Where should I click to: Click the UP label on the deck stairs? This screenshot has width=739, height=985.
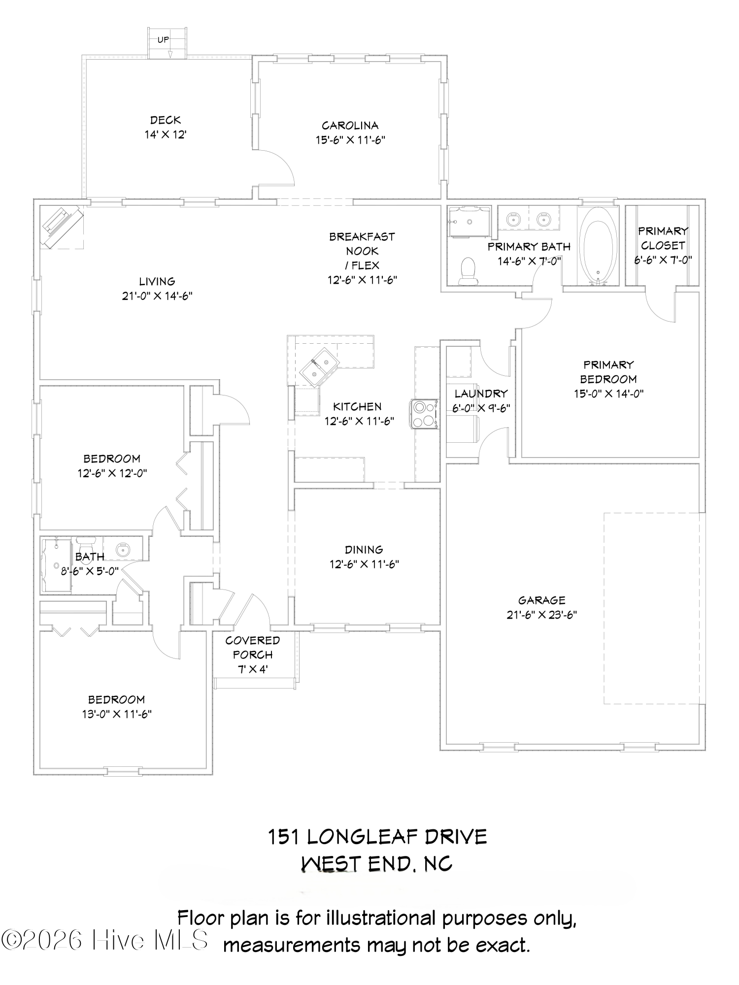(163, 40)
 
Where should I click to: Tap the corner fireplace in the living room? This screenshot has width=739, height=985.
(61, 226)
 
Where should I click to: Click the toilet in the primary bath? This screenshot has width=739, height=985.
(467, 271)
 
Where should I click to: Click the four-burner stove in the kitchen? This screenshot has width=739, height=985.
(424, 414)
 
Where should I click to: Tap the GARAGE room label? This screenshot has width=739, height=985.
(541, 600)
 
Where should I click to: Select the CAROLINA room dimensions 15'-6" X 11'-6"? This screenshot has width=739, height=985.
(350, 140)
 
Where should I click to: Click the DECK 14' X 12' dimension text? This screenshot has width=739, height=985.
(166, 134)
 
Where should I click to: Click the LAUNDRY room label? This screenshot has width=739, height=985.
(481, 394)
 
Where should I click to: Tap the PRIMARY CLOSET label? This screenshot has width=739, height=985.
(663, 238)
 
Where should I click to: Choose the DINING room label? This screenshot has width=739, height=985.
(364, 549)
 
